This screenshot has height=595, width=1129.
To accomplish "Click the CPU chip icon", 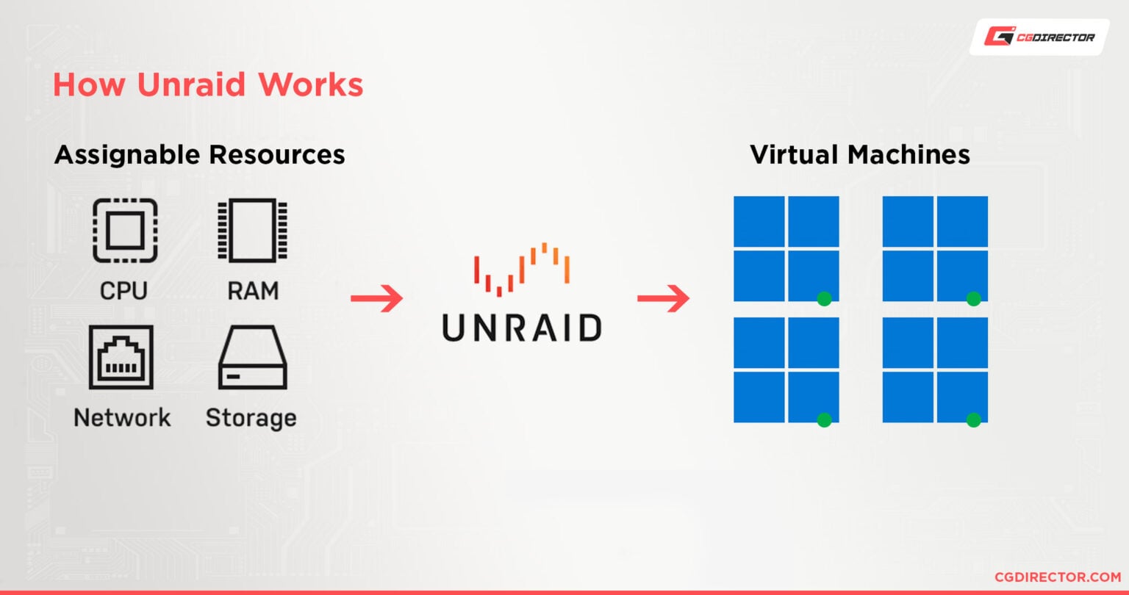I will coord(125,231).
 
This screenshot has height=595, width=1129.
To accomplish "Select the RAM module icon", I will coord(252,230).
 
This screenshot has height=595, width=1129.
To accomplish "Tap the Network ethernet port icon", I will coord(121,357).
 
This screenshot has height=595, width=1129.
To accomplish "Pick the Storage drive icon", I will coord(252,358).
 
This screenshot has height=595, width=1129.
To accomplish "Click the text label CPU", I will coord(123,291).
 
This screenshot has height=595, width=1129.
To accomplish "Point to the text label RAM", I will coord(252,291).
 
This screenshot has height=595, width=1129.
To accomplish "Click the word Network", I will coord(122,418).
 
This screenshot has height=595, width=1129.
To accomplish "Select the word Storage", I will coord(251,418).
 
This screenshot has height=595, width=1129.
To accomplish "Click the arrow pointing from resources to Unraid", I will coord(376,298).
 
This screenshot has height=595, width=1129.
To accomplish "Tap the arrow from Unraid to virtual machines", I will coord(663,298).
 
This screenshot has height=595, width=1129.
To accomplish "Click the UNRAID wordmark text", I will coord(522,328).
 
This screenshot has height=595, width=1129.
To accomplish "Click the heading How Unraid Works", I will coord(208,85).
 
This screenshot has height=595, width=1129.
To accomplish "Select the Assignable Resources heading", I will coord(199,155).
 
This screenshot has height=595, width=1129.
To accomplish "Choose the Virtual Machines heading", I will coord(859,155).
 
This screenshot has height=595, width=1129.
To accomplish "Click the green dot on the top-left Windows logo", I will coord(824,298).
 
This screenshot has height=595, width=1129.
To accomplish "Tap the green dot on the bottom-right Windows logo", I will coord(973,419).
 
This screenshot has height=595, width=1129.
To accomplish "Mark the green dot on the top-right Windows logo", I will coord(973,298).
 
